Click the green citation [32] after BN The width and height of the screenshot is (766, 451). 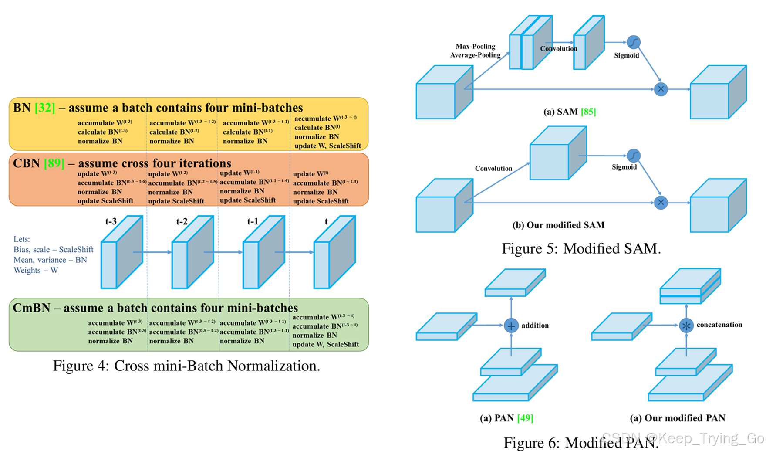[45, 108]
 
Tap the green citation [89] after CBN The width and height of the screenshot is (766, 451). [54, 163]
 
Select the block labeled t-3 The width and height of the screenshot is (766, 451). [122, 253]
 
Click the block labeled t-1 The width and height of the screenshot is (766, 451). [264, 253]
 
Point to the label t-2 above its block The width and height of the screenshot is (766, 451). [182, 221]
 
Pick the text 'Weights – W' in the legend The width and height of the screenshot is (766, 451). [36, 270]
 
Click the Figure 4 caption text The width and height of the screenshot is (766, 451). [186, 366]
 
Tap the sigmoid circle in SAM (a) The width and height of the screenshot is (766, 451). [633, 42]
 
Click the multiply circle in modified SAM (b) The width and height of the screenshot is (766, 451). [661, 203]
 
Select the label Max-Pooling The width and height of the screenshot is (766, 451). [475, 46]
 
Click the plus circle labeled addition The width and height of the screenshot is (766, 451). [511, 326]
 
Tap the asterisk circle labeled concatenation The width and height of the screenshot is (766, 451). [686, 326]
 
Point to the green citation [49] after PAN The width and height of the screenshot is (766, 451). [525, 418]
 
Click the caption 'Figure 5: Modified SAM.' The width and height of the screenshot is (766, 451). [581, 248]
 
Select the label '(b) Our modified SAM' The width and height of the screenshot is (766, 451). [558, 225]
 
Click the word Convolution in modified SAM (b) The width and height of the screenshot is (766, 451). [493, 168]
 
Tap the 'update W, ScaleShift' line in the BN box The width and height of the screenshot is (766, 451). [327, 146]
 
